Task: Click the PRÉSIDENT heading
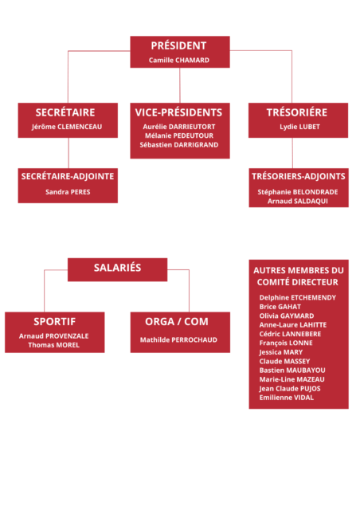(178, 45)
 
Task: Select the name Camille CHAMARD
(179, 61)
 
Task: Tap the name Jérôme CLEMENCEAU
(67, 127)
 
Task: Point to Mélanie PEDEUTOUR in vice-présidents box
(179, 135)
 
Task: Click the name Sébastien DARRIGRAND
(179, 145)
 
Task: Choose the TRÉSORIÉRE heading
(297, 112)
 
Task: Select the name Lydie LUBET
(299, 127)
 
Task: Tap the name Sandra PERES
(68, 192)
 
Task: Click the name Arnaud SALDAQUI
(298, 201)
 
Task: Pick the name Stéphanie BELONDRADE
(298, 192)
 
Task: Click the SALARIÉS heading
(117, 268)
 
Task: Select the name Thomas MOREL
(53, 345)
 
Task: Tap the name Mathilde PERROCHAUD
(178, 340)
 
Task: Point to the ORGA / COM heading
(177, 322)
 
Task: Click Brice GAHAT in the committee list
(280, 307)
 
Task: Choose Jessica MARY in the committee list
(281, 352)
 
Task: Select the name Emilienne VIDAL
(287, 398)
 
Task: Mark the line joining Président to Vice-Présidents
(180, 85)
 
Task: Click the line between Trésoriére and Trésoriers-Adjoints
(292, 153)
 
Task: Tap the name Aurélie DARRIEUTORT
(179, 127)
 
